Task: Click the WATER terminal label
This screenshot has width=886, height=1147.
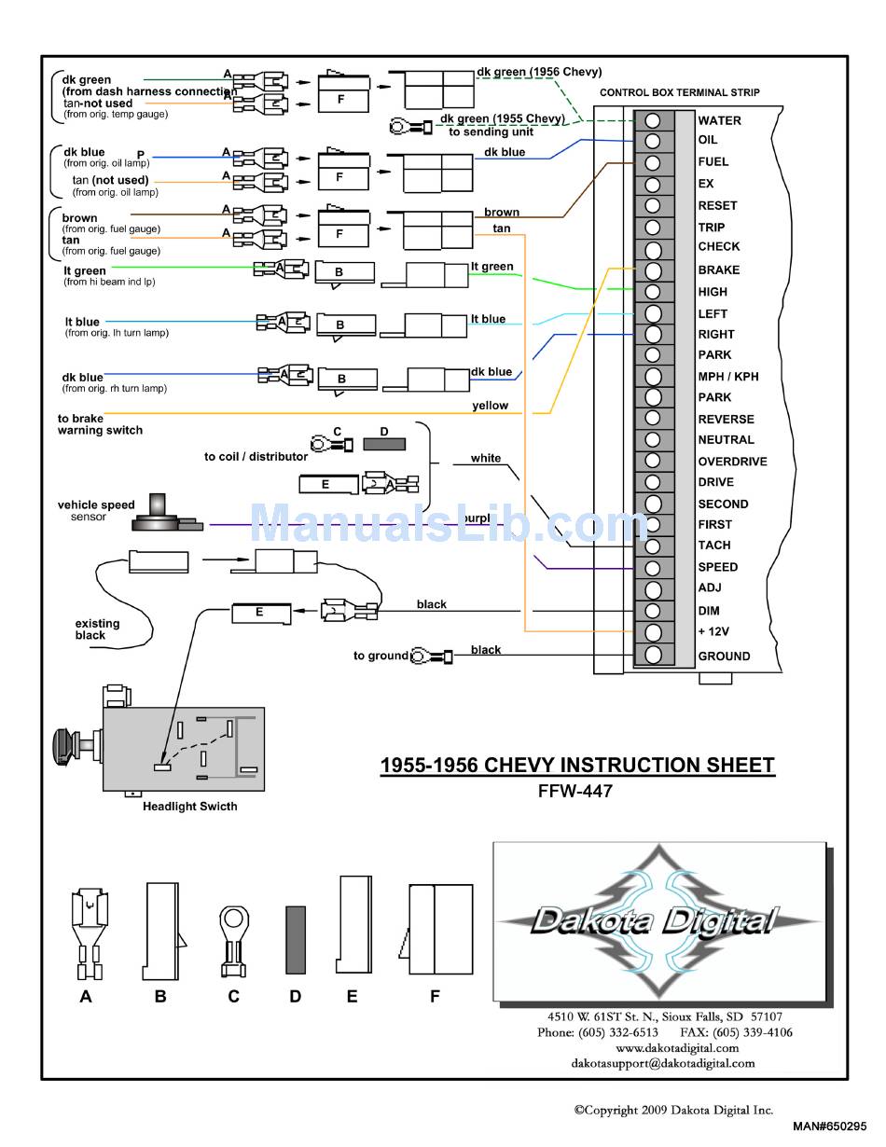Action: click(x=719, y=120)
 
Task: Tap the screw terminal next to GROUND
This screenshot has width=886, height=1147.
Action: click(x=653, y=655)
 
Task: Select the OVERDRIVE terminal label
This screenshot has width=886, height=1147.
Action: click(x=732, y=462)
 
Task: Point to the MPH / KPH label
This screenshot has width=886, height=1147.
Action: click(x=728, y=377)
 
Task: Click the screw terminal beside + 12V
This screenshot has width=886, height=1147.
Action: click(x=653, y=632)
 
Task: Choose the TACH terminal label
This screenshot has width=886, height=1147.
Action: click(x=714, y=545)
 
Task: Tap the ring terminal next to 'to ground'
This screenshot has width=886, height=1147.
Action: click(x=431, y=656)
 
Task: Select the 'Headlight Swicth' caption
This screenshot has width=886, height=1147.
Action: click(x=190, y=806)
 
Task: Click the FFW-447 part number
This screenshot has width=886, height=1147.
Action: click(x=575, y=791)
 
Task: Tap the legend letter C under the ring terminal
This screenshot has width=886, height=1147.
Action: click(x=233, y=996)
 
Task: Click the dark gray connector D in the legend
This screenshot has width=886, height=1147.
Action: click(x=296, y=940)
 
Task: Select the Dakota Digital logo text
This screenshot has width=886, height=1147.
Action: click(x=655, y=921)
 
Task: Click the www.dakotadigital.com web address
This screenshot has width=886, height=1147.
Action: click(x=677, y=1047)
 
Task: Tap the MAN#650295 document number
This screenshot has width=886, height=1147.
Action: click(x=829, y=1126)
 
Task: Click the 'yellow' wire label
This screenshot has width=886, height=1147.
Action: click(x=490, y=406)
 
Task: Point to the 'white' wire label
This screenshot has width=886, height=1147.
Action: click(x=486, y=458)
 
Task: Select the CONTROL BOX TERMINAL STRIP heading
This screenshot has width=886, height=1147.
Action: click(x=680, y=92)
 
